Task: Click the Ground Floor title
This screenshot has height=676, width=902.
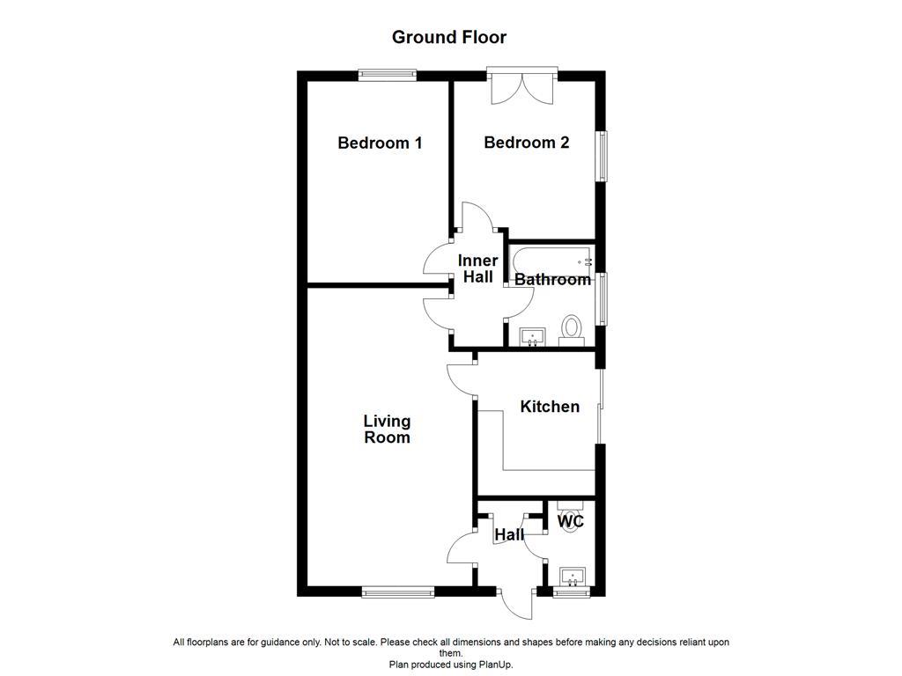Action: tap(449, 37)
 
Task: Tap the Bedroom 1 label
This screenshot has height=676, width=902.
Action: tap(380, 143)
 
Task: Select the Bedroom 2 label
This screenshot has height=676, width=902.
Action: tap(526, 143)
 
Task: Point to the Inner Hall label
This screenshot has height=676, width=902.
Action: tap(477, 268)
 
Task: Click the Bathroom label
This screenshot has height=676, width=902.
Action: tap(552, 280)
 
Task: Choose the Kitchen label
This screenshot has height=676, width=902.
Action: tap(550, 407)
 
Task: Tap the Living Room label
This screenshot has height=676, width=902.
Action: tap(387, 430)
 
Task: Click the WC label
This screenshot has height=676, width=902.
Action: tap(572, 522)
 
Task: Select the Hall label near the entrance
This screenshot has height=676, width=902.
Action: tap(509, 534)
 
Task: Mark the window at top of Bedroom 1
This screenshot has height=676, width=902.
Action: tap(388, 76)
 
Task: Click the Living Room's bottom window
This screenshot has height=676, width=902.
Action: tap(398, 593)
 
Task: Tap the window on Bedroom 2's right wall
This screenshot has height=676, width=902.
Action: tap(603, 157)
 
